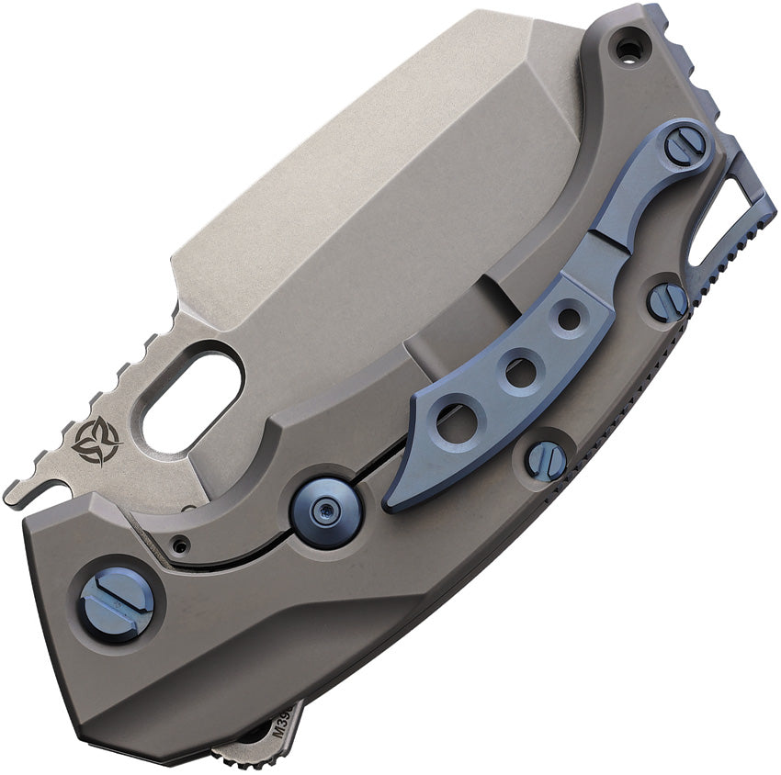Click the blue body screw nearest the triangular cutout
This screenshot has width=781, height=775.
coord(667,300)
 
